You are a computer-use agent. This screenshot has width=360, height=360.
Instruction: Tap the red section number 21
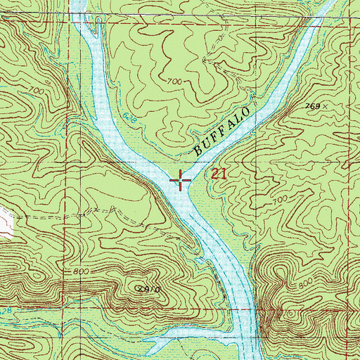pos(217,174)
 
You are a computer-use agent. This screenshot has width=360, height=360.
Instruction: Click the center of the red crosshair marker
pos(181,181)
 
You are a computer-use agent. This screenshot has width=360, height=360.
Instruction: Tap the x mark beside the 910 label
pos(139,288)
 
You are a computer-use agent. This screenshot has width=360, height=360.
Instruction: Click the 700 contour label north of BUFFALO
pos(176,82)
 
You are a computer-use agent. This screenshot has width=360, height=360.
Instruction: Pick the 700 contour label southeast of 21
pos(281,200)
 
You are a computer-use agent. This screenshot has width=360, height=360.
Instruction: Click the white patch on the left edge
pos(5,222)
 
